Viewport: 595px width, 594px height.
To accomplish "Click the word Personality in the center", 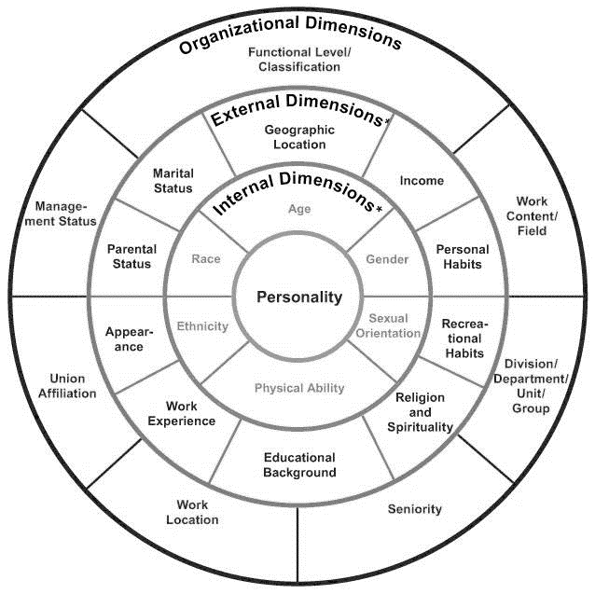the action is pos(299,297).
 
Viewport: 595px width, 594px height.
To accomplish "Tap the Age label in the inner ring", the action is pos(299,209).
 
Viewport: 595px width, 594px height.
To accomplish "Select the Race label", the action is pos(206,258).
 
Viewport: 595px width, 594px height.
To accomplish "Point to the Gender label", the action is pos(387,259).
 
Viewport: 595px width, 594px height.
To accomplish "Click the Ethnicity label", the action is pos(202,326).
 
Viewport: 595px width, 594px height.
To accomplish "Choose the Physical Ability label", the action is pos(299,388).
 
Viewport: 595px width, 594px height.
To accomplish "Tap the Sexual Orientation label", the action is pos(388,325).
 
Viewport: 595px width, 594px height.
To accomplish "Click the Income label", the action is pos(422,181).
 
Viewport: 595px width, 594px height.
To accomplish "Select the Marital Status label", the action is pos(173,181).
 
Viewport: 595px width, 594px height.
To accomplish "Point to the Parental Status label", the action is pos(131,256).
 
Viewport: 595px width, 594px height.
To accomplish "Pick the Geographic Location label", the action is pos(299,137).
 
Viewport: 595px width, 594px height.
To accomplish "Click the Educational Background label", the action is pos(299,464).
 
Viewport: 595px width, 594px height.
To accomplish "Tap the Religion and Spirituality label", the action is pos(420,412).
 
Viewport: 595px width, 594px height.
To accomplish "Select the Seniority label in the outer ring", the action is pos(415,509).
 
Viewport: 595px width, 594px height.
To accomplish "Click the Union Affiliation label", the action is pos(67,386).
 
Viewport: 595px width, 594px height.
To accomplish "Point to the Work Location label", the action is pos(192,512).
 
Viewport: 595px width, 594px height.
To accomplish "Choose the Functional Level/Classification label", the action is pos(299,59).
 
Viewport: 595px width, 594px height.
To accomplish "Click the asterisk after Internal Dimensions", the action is pos(379,209).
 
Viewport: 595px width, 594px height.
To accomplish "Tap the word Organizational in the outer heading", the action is pos(239,35).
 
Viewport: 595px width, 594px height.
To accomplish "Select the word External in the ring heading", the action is pos(245,110).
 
